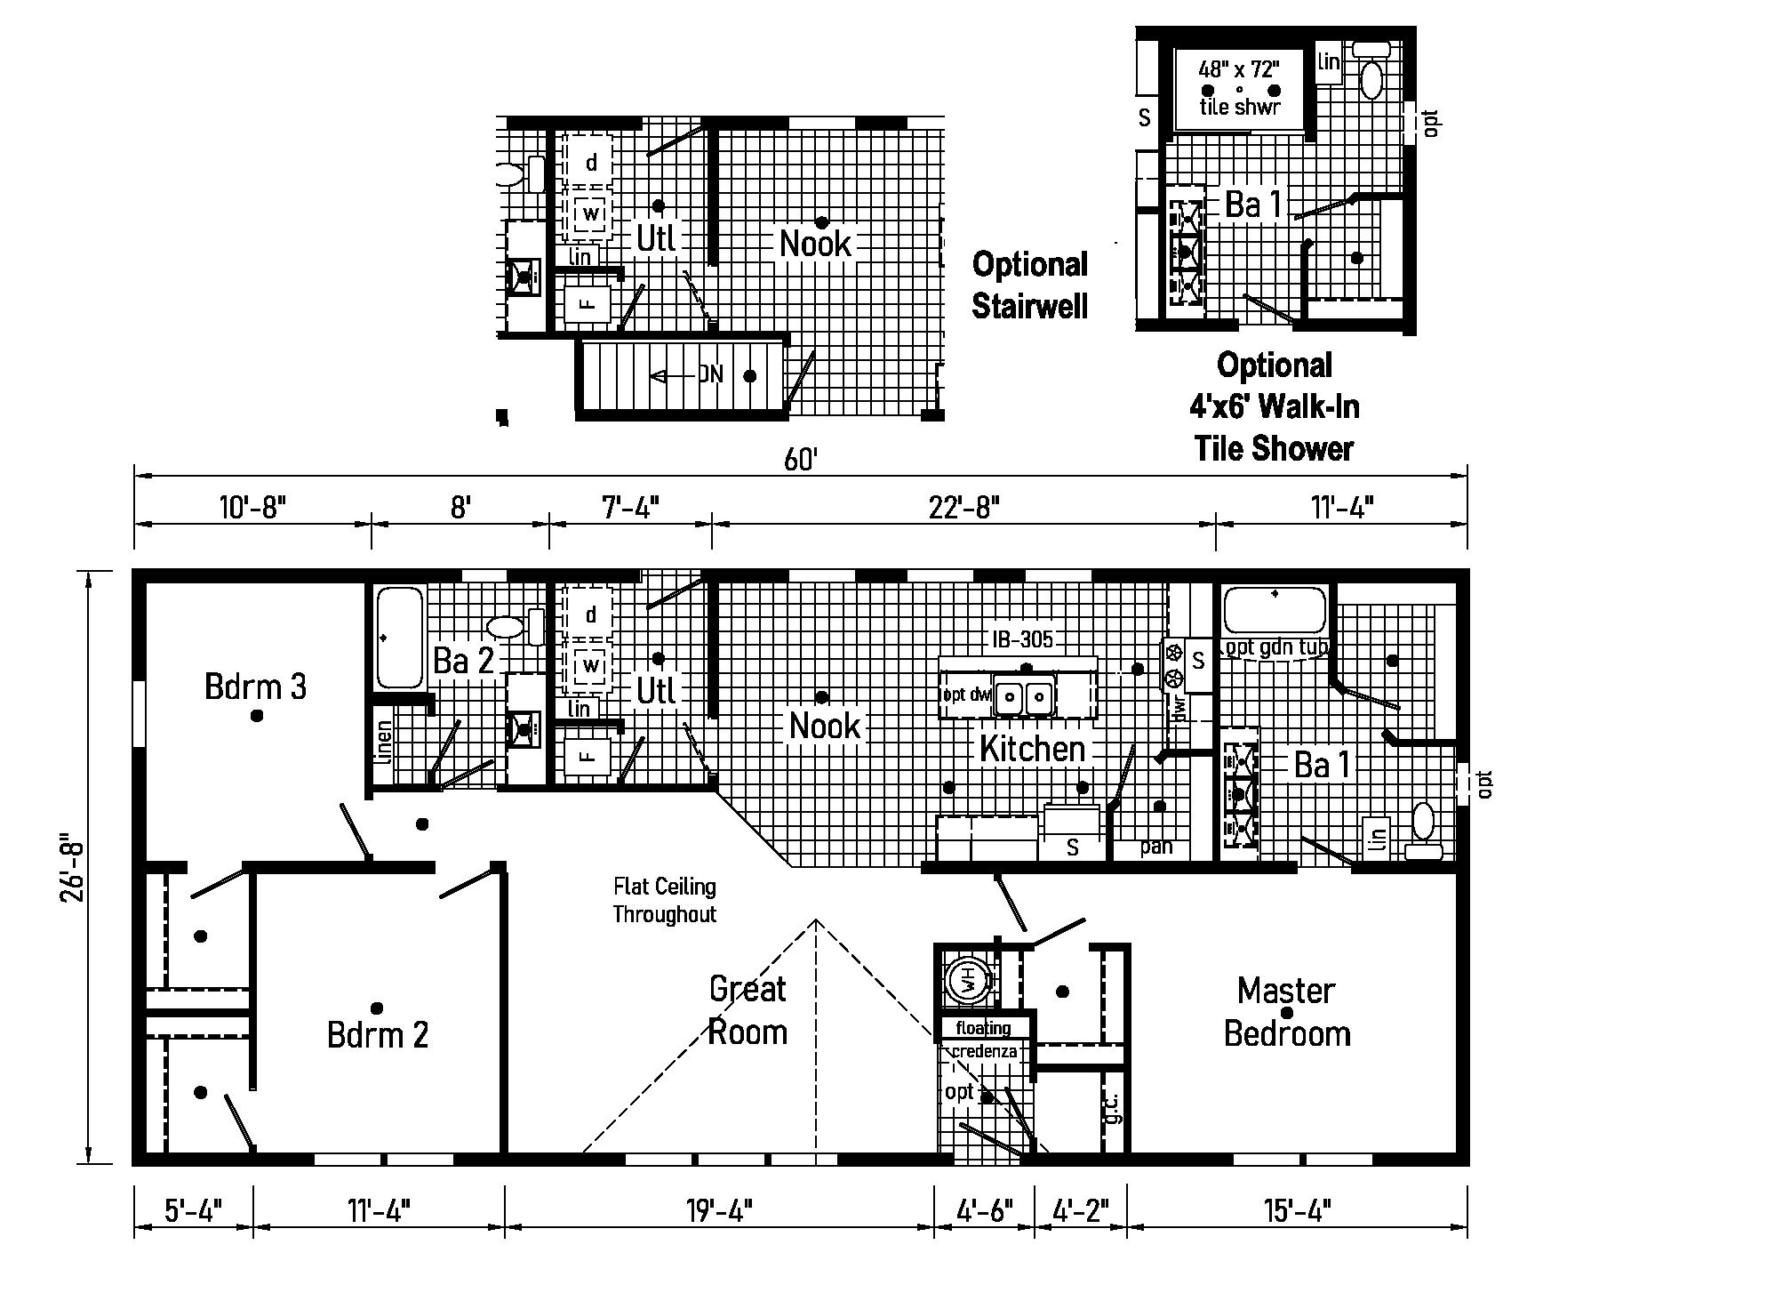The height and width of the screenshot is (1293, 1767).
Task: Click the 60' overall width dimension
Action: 800,460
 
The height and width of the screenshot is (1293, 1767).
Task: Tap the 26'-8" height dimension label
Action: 72,867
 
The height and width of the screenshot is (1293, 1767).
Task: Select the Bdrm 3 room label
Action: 255,687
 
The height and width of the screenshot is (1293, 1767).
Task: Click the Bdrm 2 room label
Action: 378,1034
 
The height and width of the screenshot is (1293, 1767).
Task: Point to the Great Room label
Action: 748,1010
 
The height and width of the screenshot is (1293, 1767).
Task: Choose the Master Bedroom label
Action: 1287,1012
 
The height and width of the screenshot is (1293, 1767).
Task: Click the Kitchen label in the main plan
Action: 1032,749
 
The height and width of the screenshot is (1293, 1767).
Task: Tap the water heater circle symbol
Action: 966,981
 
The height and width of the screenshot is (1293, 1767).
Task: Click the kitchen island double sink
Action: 1024,696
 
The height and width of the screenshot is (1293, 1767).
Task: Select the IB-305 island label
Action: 1023,638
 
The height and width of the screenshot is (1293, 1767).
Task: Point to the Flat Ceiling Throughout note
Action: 664,900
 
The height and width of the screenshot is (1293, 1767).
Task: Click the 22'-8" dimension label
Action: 964,508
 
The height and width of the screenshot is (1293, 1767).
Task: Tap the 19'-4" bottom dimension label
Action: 719,1210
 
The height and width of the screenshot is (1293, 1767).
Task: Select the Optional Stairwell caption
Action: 1029,285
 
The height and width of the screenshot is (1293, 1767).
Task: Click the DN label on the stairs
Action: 710,374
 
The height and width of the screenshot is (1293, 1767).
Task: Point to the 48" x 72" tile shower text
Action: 1238,86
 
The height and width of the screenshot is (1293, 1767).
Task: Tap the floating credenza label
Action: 984,1040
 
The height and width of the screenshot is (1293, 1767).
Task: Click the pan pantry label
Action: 1155,846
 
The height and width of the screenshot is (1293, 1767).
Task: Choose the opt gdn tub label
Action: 1276,646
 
